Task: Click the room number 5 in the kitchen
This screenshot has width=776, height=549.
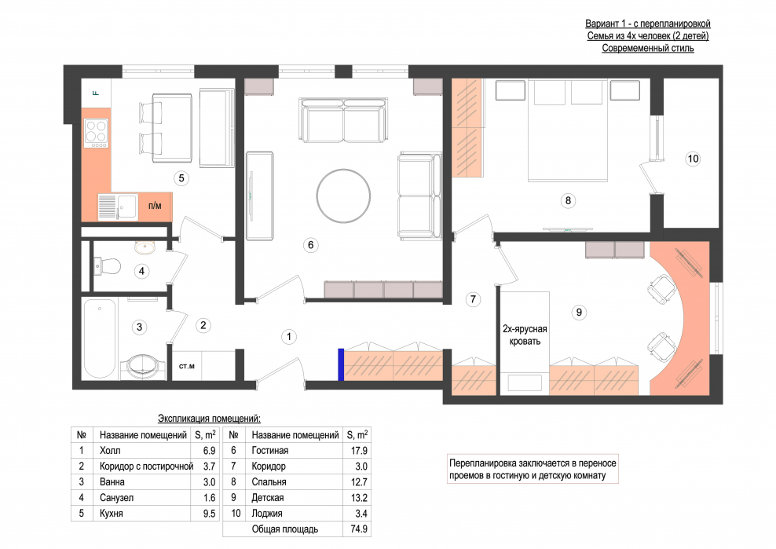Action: click(x=181, y=178)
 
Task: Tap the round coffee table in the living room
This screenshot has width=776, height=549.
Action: click(x=343, y=196)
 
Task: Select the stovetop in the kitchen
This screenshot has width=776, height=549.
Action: click(x=96, y=133)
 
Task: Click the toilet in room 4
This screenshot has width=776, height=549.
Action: click(x=107, y=266)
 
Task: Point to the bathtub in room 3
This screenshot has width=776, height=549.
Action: click(x=101, y=339)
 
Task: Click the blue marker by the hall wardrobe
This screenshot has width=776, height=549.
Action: click(x=341, y=365)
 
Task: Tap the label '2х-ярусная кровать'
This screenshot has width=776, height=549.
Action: click(x=525, y=335)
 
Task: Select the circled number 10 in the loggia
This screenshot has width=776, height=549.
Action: click(x=693, y=159)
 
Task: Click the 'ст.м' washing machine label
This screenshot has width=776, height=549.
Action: click(x=187, y=366)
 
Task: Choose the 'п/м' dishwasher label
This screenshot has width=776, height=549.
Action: click(x=155, y=206)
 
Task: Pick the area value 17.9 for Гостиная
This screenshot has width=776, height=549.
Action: click(x=359, y=451)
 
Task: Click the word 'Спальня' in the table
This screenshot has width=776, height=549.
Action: click(x=269, y=482)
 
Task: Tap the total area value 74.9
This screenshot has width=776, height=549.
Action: click(x=359, y=529)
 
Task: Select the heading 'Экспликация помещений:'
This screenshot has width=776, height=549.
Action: click(x=209, y=419)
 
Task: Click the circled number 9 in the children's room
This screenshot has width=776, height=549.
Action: click(x=579, y=313)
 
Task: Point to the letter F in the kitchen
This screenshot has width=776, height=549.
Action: click(x=96, y=93)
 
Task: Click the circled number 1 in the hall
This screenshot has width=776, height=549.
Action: click(x=289, y=337)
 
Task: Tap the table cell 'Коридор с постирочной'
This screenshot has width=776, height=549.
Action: click(x=146, y=467)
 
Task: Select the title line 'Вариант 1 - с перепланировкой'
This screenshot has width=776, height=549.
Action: click(x=648, y=24)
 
